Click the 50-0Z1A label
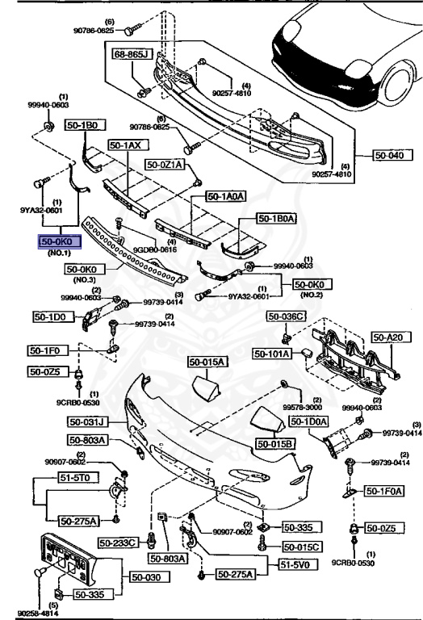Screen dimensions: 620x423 tap(165, 165)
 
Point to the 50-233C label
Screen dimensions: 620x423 tap(119, 542)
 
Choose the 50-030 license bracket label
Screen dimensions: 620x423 tap(146, 578)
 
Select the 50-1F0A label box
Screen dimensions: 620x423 tap(384, 490)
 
